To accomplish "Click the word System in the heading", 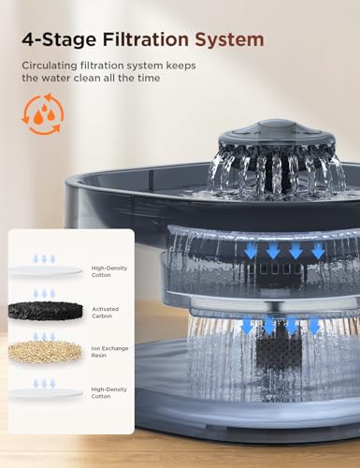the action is pyautogui.click(x=229, y=39).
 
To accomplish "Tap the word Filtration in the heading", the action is pyautogui.click(x=146, y=39).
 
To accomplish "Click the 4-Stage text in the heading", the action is pyautogui.click(x=59, y=39).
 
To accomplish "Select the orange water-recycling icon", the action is pyautogui.click(x=43, y=114).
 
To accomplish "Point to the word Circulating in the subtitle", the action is pyautogui.click(x=50, y=66).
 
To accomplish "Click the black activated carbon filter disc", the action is pyautogui.click(x=46, y=311).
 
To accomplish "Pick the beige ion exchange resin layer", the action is pyautogui.click(x=46, y=351).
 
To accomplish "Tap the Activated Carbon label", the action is pyautogui.click(x=106, y=313).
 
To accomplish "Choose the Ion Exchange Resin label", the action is pyautogui.click(x=109, y=352).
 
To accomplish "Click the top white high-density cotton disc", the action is pyautogui.click(x=46, y=271).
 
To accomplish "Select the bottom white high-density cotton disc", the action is pyautogui.click(x=46, y=393).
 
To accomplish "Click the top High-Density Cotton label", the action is pyautogui.click(x=109, y=271).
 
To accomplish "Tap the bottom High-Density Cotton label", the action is pyautogui.click(x=109, y=393).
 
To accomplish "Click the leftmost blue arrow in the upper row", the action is pyautogui.click(x=251, y=250).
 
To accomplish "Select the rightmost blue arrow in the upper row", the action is pyautogui.click(x=318, y=250).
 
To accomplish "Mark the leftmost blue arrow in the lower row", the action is pyautogui.click(x=248, y=325).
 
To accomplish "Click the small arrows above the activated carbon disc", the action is pyautogui.click(x=44, y=293).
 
